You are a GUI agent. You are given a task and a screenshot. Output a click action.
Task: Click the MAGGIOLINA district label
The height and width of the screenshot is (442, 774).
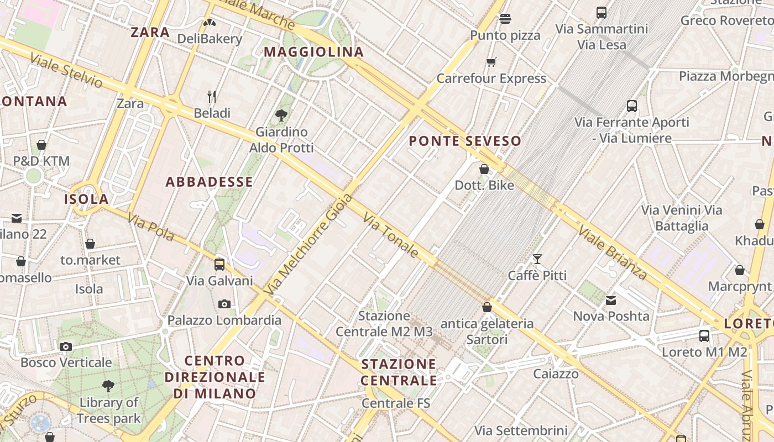(313, 52)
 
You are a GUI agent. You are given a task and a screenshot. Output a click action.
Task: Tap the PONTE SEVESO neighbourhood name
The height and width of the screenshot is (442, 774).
(465, 141)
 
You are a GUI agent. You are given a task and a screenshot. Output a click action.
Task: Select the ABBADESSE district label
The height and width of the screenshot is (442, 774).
(209, 182)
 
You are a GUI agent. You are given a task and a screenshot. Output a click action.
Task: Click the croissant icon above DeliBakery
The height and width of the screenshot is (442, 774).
(210, 23)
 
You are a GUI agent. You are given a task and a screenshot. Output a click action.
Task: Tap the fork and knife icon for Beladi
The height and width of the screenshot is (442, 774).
(212, 97)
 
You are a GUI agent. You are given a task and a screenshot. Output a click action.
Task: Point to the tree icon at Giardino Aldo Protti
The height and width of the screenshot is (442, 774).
(281, 115)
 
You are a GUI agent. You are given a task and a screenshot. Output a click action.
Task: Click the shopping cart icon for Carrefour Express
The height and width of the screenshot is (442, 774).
(491, 62)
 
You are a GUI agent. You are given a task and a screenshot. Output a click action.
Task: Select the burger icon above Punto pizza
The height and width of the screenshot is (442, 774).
(505, 19)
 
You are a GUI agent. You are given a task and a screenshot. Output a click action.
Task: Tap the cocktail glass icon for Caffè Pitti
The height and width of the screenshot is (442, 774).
(537, 259)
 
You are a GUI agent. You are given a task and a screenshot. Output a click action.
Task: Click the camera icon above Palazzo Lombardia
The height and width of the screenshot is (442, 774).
(224, 304)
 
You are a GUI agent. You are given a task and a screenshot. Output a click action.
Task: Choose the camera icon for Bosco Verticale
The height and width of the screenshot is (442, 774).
(66, 346)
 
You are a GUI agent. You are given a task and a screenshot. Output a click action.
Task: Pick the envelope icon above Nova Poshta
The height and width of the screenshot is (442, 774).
(611, 300)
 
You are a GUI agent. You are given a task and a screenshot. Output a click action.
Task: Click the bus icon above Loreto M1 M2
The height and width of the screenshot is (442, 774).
(704, 335)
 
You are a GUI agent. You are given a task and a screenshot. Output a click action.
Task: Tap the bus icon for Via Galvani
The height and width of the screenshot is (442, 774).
(219, 264)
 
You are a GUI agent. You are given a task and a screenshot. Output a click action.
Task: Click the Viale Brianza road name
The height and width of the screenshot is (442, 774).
(613, 252)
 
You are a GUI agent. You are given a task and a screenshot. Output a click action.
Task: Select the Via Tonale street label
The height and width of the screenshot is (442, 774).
(391, 236)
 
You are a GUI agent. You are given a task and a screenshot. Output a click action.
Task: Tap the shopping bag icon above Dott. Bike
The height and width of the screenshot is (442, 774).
(484, 169)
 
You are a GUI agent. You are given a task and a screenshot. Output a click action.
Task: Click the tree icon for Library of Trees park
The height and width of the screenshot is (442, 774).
(108, 386)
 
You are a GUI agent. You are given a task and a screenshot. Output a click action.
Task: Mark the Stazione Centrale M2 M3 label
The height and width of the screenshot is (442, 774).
(384, 324)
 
